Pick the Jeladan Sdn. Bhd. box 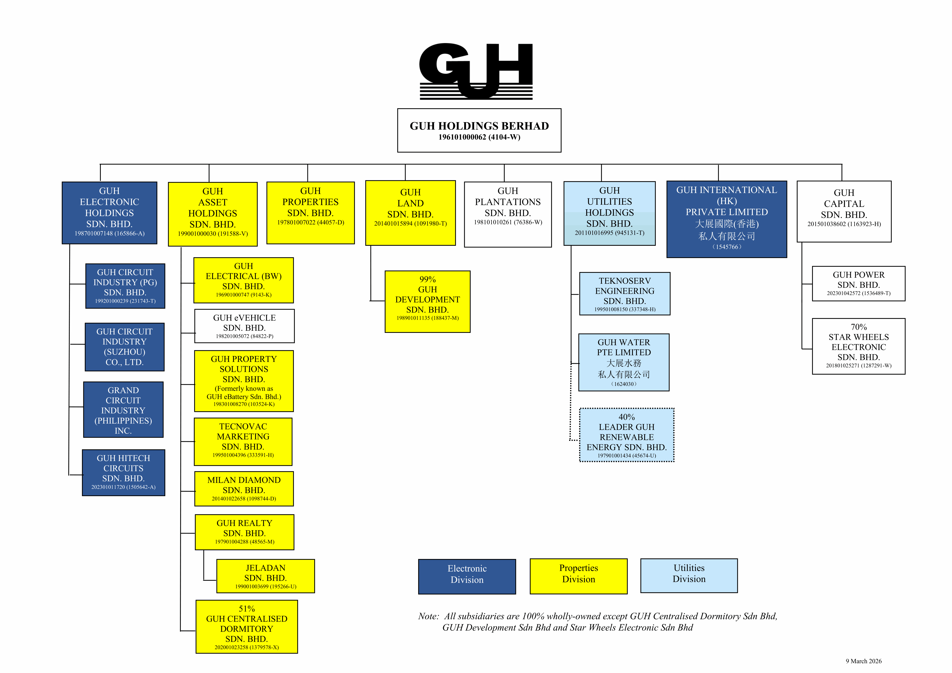(265, 576)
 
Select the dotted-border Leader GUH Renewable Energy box (627, 435)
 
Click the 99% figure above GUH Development (428, 279)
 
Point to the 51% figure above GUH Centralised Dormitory (247, 609)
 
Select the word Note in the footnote (428, 616)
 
